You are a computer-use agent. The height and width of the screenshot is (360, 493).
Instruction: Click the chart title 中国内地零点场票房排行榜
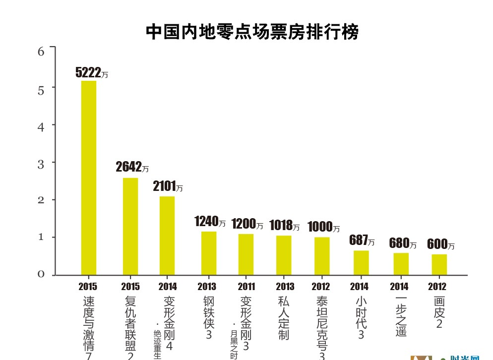coord(252,32)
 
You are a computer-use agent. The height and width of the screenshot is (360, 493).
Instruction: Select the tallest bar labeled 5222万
coord(89,177)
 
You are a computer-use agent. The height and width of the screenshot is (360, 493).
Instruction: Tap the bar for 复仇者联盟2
coord(130,226)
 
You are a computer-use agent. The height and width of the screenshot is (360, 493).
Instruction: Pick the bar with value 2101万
coord(167,235)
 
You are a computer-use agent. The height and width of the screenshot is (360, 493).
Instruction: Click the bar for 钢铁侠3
coord(209,252)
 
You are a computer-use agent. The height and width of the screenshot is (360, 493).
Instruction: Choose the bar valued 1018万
coord(284,254)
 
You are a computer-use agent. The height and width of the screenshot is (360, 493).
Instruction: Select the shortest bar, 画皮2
coord(439,264)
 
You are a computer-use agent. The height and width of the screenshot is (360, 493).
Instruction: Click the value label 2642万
coord(132,167)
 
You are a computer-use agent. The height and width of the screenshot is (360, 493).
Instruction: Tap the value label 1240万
coord(210,222)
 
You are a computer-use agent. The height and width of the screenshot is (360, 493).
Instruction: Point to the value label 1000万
coord(323,227)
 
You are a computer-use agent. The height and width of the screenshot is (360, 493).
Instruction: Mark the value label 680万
coord(403,243)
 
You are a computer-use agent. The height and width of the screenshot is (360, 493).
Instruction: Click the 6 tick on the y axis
coord(41,51)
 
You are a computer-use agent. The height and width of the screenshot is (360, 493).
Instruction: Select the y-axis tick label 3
coord(41,163)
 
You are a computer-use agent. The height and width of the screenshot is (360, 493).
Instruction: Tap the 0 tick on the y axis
coord(41,274)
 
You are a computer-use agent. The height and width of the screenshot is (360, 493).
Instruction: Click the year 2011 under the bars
coord(246,287)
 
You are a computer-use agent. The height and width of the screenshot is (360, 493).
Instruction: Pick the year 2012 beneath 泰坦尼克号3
coord(321,287)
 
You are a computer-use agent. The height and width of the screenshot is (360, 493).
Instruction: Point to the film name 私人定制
coord(284,318)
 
